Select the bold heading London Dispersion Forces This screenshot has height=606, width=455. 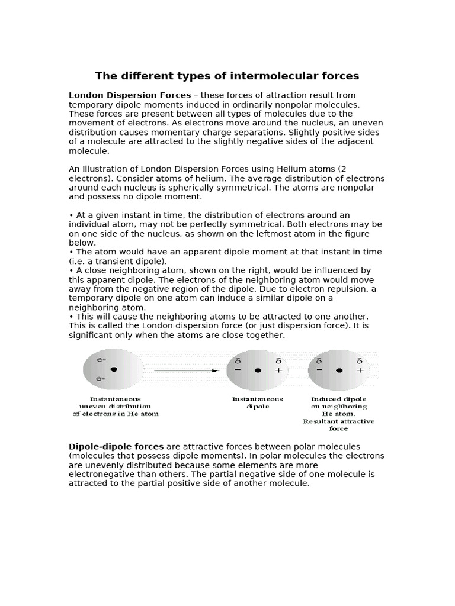click(130, 95)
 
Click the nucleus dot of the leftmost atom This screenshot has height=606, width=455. click(114, 369)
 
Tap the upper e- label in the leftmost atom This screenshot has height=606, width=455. click(101, 359)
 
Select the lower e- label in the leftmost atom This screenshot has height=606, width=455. click(101, 379)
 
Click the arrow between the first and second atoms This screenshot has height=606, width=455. click(187, 370)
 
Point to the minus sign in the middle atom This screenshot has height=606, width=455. click(238, 370)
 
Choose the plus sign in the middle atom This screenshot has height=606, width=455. click(278, 370)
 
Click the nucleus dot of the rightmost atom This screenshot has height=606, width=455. click(339, 370)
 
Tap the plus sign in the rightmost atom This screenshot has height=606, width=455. click(359, 370)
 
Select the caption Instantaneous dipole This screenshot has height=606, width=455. click(258, 403)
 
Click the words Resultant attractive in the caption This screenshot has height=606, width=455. click(339, 421)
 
